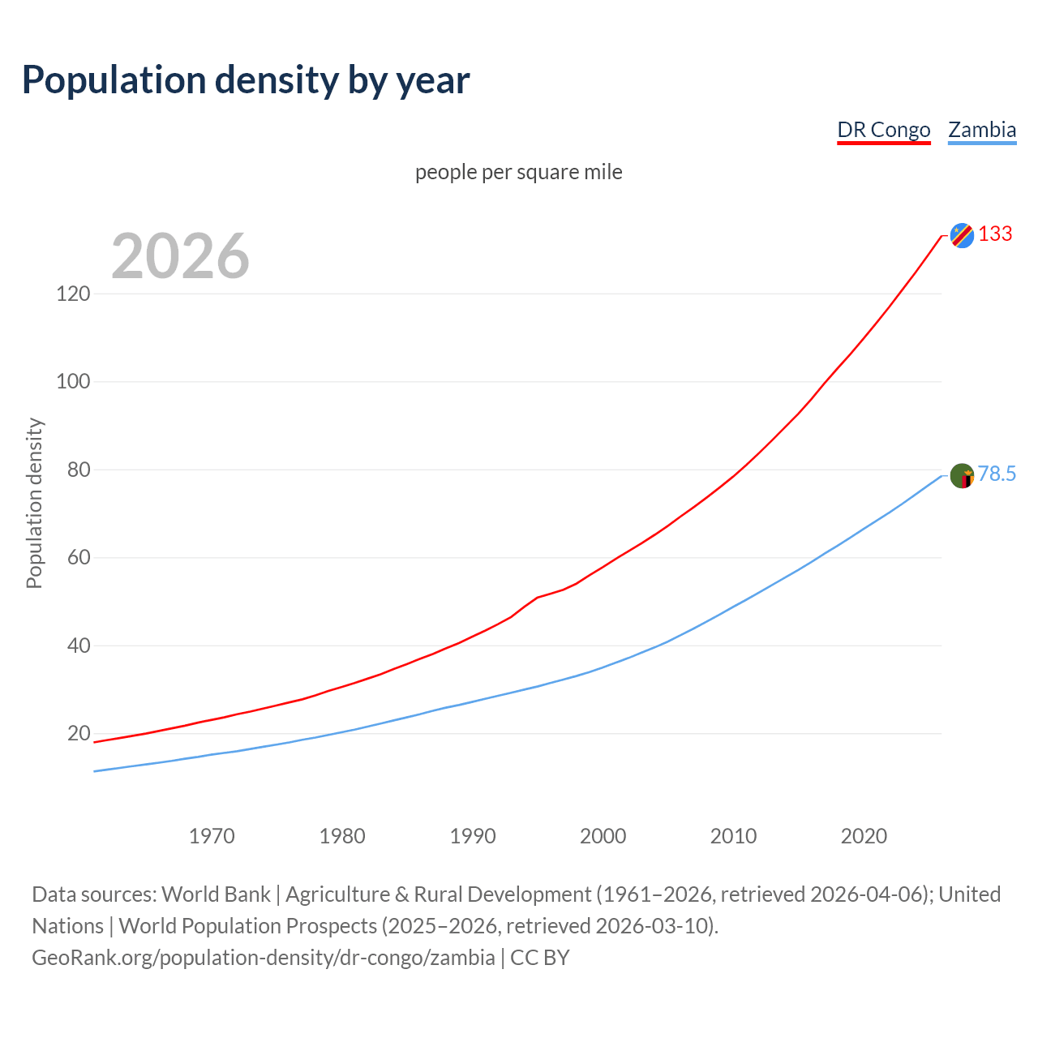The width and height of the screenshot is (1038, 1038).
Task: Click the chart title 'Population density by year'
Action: tap(246, 80)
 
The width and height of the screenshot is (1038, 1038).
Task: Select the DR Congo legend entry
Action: tap(883, 130)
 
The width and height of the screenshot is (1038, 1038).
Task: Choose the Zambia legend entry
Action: tap(982, 130)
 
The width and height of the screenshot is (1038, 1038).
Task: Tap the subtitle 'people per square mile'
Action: tap(518, 172)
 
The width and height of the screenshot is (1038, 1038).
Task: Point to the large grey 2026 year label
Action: tap(180, 256)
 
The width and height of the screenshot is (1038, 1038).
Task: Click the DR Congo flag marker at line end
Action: tap(962, 235)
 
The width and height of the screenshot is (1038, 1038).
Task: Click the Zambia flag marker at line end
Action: tap(962, 475)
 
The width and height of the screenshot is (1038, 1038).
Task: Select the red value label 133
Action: tap(995, 234)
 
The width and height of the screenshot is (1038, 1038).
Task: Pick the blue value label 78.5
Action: tap(997, 474)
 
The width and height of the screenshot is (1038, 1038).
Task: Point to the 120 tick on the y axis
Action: tap(73, 294)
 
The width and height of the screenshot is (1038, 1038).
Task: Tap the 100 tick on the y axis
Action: tap(73, 381)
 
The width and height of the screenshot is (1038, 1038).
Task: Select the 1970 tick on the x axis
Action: tap(212, 836)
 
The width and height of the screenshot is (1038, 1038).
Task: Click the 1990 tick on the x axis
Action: tap(473, 836)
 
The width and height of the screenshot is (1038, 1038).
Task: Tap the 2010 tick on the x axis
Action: tap(733, 836)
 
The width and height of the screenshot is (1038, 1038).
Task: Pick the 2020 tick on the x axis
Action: tap(864, 836)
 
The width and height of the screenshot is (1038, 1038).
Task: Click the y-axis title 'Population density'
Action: tap(34, 503)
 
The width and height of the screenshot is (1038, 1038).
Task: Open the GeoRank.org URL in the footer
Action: tap(263, 958)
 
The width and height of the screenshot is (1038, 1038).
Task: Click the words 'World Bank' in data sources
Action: tap(216, 894)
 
